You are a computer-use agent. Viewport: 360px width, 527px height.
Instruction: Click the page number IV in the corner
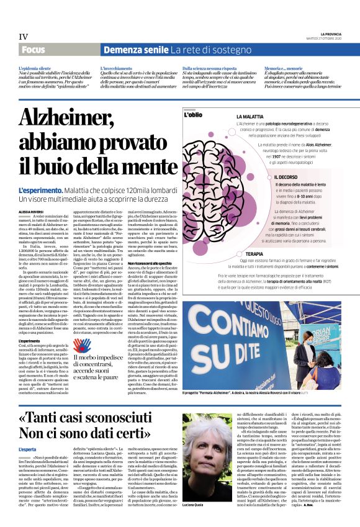(x=24, y=36)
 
